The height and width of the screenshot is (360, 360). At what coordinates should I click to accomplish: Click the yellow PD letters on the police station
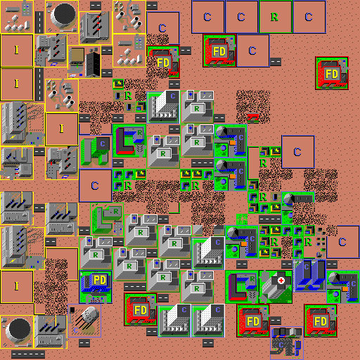(x=100, y=280)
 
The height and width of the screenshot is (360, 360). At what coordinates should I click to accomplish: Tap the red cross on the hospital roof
(x=281, y=281)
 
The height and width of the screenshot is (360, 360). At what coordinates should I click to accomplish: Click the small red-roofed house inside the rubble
(x=253, y=118)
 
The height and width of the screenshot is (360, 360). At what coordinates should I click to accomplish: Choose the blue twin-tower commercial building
(x=309, y=276)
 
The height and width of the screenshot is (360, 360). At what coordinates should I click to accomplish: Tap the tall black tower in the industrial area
(x=93, y=65)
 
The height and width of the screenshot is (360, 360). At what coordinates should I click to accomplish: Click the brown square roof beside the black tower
(x=77, y=56)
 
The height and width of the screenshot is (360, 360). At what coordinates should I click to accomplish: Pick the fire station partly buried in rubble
(x=163, y=62)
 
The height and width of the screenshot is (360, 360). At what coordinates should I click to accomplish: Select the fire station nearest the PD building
(x=141, y=309)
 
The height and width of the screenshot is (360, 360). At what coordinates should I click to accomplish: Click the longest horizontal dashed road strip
(x=28, y=354)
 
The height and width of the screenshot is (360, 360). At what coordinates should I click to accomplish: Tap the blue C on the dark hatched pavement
(x=281, y=345)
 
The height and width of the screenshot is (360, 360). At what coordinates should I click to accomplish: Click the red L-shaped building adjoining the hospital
(x=237, y=288)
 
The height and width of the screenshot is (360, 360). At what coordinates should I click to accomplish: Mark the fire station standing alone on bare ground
(x=332, y=73)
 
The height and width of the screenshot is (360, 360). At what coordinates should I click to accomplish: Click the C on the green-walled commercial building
(x=103, y=143)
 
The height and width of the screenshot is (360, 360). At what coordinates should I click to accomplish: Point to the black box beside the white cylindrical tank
(x=72, y=310)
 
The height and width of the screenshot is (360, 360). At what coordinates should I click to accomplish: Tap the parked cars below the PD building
(x=96, y=300)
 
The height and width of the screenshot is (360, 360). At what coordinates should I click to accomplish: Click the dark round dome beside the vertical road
(x=65, y=13)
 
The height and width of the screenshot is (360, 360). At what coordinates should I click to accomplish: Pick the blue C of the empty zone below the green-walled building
(x=95, y=186)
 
